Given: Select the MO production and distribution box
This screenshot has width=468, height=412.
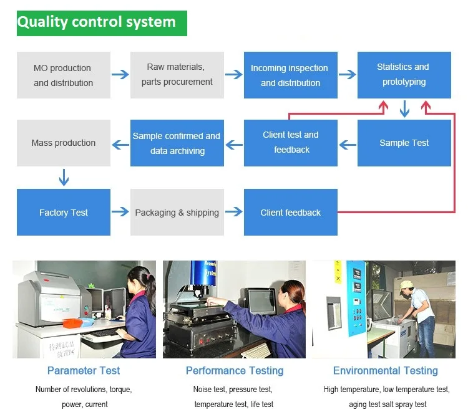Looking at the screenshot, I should [63, 75].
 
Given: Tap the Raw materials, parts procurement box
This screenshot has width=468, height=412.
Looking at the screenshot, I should [177, 75].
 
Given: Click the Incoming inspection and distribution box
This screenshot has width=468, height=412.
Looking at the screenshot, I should [290, 75].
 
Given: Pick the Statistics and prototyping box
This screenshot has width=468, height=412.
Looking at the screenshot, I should [404, 75].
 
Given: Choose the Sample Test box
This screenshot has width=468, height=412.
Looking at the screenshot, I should [404, 143].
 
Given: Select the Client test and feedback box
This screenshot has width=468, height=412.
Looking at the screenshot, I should [290, 143].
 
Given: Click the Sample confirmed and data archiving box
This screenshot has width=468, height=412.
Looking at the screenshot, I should [177, 143].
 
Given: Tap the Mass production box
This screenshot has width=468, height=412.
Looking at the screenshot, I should [63, 143].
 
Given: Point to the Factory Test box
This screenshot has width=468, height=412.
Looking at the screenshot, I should [63, 213].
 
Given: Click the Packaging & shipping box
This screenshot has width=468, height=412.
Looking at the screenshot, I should [177, 213].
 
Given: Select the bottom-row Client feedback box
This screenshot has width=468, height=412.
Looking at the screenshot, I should [290, 213].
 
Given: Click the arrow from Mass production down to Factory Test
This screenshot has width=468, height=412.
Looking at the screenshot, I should [63, 177].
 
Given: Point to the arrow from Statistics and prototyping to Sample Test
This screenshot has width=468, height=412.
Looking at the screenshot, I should [404, 109].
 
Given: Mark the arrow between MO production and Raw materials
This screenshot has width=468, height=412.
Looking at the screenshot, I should [120, 75].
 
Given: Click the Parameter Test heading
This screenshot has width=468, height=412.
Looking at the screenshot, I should [84, 371].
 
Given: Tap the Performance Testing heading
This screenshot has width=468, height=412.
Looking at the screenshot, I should [234, 371].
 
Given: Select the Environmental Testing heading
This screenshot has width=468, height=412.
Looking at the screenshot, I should [385, 371].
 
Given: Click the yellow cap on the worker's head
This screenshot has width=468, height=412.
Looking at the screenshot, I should [407, 285].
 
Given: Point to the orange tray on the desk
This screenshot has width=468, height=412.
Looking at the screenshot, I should [77, 322].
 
